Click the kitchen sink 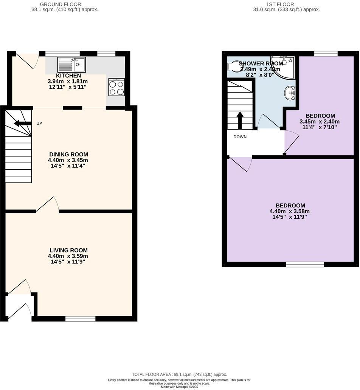[x=71, y=64]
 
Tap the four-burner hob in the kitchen [x=116, y=87]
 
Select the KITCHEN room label [x=68, y=76]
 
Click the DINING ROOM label [x=68, y=154]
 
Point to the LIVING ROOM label [x=68, y=250]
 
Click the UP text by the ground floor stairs [x=39, y=124]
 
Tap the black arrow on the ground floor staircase [x=23, y=123]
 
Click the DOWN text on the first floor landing [x=240, y=137]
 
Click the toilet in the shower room [x=233, y=66]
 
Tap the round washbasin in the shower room [x=290, y=92]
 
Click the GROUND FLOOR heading [x=55, y=5]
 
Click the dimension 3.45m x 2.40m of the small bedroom [x=320, y=122]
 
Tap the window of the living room [x=80, y=319]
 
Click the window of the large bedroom [x=305, y=265]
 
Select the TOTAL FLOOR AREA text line [x=179, y=374]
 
